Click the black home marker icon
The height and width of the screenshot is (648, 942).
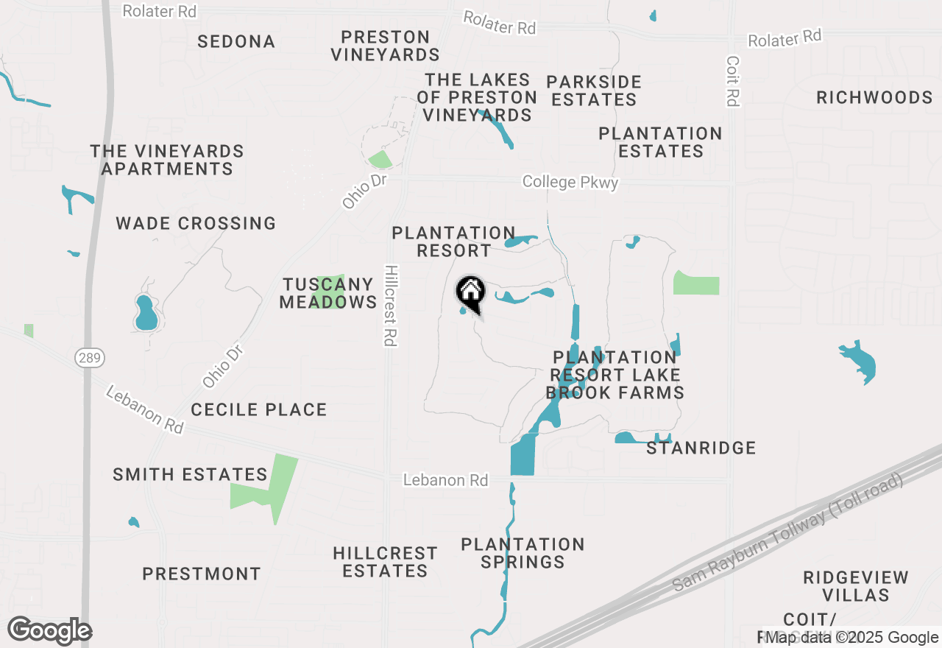pos(471,293)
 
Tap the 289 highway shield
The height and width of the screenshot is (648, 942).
pos(90,359)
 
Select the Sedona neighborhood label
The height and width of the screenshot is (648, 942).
pos(236,42)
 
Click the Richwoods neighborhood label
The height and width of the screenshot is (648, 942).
pos(874,98)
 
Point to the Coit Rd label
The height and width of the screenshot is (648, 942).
pos(732,81)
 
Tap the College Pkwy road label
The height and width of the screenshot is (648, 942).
pos(570,182)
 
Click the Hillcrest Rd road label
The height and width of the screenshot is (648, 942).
pos(390,306)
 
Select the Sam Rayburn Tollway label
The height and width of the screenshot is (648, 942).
pos(787,533)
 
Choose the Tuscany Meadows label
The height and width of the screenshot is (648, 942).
pos(328,293)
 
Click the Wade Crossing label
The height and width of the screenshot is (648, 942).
pos(196,223)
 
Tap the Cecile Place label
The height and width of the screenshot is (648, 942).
pos(258,409)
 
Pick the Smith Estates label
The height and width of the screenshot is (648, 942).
pos(190,475)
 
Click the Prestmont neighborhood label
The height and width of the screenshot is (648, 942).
pos(202,574)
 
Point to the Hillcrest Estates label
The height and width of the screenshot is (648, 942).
pos(385,562)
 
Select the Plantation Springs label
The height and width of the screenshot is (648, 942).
pos(523,553)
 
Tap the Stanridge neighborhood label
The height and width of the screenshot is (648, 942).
pos(701,448)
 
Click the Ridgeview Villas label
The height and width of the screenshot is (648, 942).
pos(856,586)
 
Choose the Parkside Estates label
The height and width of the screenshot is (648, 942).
pos(594,91)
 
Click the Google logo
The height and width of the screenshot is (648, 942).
pos(49,630)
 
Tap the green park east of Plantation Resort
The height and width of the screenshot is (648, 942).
pos(696,283)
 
